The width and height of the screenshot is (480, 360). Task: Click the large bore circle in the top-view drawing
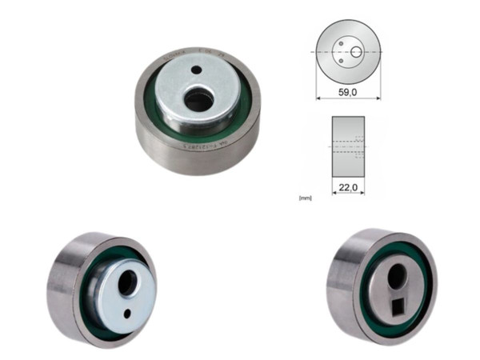(x=357, y=52)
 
